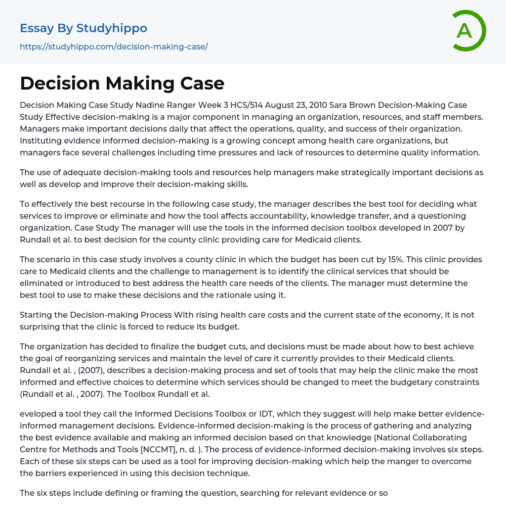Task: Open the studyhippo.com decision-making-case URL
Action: click(x=114, y=47)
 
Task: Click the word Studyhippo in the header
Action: click(x=112, y=28)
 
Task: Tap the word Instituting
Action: click(x=44, y=141)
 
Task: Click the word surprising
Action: click(x=42, y=327)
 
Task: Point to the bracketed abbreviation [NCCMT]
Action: click(x=151, y=449)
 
